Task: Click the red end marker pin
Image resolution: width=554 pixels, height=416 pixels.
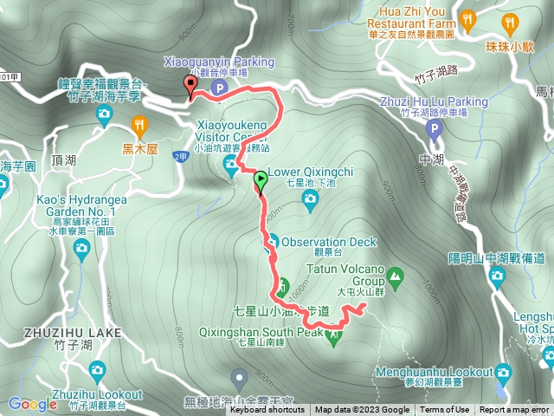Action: click(x=190, y=85)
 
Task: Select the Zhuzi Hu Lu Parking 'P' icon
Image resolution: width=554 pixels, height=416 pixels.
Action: click(x=435, y=128)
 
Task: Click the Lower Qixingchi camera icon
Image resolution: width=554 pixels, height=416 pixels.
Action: click(x=310, y=200)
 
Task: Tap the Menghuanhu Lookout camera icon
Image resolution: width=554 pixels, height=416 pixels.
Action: click(x=503, y=374)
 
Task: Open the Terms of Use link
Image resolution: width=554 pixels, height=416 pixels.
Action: click(x=445, y=410)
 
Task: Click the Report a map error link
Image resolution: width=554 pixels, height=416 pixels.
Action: click(x=514, y=410)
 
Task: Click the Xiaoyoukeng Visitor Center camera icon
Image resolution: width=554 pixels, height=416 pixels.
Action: click(x=231, y=170)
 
